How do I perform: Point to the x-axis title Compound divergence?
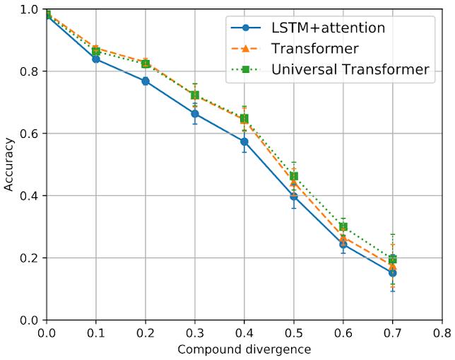coord(244,349)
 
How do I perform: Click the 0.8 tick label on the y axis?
coord(30,71)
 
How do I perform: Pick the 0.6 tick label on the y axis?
coord(30,134)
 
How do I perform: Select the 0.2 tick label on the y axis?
coord(30,258)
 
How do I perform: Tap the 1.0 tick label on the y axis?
coord(30,9)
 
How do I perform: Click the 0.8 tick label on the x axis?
coord(442,332)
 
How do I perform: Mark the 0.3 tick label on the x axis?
coord(195,332)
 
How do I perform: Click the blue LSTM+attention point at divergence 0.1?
coord(96,59)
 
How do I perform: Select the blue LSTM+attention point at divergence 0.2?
coord(146,81)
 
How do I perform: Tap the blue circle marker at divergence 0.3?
coord(195,114)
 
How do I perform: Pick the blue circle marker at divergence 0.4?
coord(244,141)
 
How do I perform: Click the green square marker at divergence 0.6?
coord(343,227)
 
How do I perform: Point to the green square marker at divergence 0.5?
coord(294,176)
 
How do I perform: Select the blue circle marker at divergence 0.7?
coord(393,273)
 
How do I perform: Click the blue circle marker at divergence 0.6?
coord(343,244)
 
